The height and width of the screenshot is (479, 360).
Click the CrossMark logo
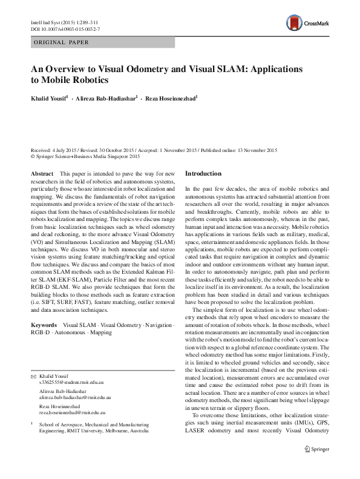click(x=309, y=22)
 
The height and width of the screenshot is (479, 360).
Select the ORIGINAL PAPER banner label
click(x=61, y=42)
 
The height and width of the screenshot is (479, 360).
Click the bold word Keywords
click(x=46, y=325)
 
